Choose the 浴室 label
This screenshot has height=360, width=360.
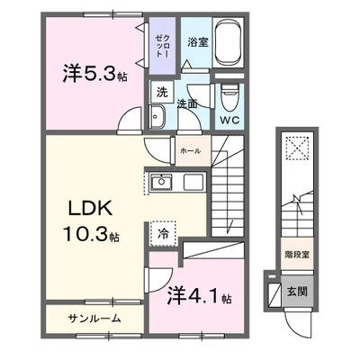point(198,40)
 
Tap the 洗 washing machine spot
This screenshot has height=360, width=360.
point(162,91)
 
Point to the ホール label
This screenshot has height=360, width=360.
point(190,150)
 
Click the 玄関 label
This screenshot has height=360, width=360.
point(295,292)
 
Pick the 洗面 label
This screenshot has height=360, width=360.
point(186,104)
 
